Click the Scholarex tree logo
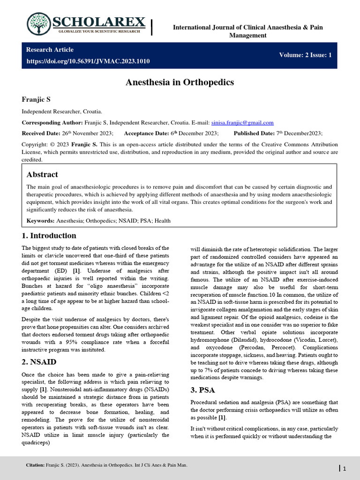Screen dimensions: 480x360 point(40,24)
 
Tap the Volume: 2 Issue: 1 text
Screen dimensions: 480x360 point(305,55)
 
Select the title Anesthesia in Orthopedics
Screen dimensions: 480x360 point(180,82)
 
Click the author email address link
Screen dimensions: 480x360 point(242,122)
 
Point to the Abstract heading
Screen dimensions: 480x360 point(42,174)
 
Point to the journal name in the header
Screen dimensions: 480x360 point(248,31)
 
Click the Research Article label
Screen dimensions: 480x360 point(50,50)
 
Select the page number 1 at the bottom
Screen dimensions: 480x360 point(345,469)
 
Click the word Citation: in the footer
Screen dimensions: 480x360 point(36,465)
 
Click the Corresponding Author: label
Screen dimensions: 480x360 point(52,122)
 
